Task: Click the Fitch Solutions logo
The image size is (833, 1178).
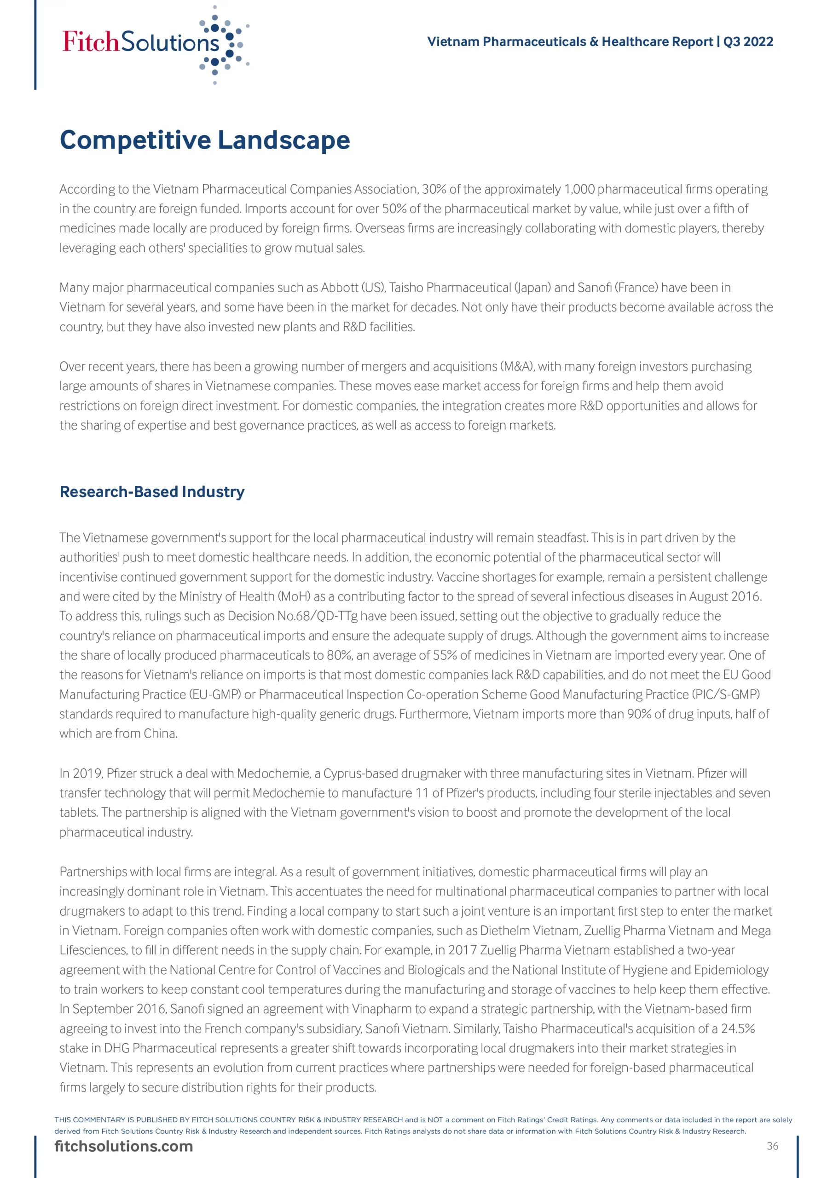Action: [154, 44]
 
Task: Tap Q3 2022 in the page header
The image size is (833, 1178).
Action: [748, 41]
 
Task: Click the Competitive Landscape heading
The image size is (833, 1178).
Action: [205, 140]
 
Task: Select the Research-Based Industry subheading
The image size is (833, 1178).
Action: [152, 491]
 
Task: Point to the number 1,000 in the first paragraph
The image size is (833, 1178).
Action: [579, 189]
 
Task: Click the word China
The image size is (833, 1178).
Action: [160, 733]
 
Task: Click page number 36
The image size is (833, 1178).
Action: [772, 1146]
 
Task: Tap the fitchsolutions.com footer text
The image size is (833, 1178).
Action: [124, 1146]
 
